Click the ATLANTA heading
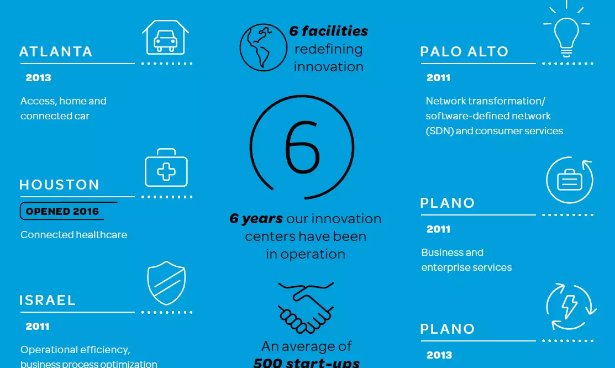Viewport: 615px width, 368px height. pos(56,51)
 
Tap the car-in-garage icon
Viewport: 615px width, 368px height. pos(166,37)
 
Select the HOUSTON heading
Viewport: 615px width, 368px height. pos(59,185)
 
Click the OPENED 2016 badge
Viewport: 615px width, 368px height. pos(62,211)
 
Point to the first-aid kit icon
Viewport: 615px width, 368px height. pos(166,167)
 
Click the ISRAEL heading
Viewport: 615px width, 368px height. pos(47,300)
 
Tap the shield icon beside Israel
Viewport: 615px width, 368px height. pos(166,283)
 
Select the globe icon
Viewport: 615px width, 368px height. pos(263,48)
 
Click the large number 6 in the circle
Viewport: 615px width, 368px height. pos(302,147)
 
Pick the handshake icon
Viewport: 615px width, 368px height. pos(306,308)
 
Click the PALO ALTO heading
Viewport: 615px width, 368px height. pos(464,51)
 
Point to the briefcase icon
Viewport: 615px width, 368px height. pos(570,181)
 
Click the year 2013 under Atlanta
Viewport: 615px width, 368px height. pos(39,78)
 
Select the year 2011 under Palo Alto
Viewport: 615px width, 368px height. pos(439,78)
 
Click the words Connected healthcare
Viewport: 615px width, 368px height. pos(73,235)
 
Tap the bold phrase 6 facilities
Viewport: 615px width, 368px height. pos(328,31)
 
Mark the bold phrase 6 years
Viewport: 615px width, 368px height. pos(256,218)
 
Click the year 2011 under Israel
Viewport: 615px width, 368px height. pos(38,327)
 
